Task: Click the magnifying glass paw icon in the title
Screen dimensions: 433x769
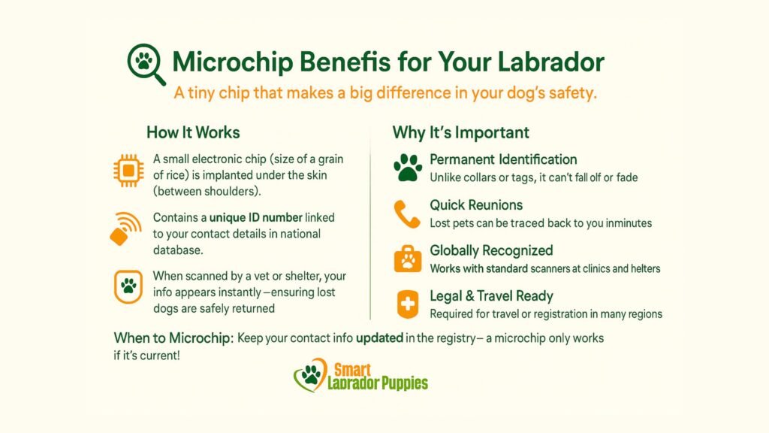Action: (144, 63)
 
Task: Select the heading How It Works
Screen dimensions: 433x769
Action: (193, 132)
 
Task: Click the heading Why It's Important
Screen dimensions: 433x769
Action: (460, 132)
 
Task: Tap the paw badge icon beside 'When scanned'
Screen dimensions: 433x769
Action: (128, 287)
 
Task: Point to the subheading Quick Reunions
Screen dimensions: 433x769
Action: (476, 205)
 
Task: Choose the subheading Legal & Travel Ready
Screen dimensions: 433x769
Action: (491, 296)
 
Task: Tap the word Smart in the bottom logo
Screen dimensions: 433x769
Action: (351, 369)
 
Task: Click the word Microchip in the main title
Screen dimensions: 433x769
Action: (230, 62)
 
